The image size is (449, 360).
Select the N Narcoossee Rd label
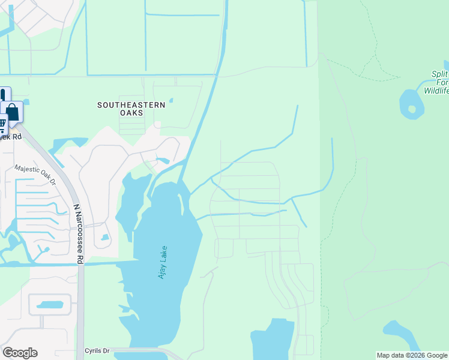click(x=77, y=234)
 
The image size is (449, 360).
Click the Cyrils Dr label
click(x=97, y=350)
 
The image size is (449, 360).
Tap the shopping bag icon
click(x=12, y=112)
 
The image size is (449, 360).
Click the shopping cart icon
click(x=2, y=125)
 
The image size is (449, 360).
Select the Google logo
click(x=20, y=352)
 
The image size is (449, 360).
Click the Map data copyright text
click(x=412, y=355)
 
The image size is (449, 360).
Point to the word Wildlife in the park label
click(x=436, y=91)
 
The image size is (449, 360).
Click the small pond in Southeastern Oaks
click(x=171, y=100)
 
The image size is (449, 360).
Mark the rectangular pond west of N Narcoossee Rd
click(x=49, y=305)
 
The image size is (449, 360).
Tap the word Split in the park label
click(x=440, y=74)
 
